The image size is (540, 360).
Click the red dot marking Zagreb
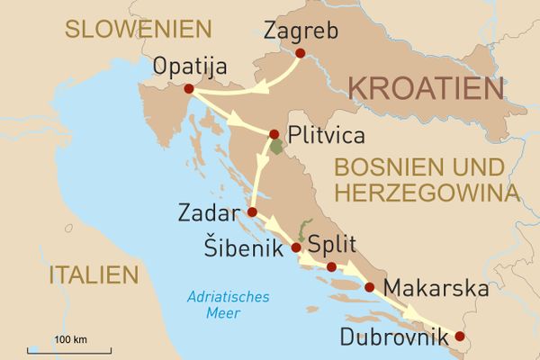pyautogui.click(x=301, y=53)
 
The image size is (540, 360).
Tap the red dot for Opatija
pyautogui.click(x=188, y=89)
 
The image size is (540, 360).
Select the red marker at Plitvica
pyautogui.click(x=274, y=134)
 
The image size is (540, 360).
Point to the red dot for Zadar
pyautogui.click(x=252, y=212)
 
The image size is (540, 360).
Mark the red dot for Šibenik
pyautogui.click(x=296, y=247)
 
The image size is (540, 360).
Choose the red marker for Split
pyautogui.click(x=331, y=266)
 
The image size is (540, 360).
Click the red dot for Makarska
pyautogui.click(x=369, y=288)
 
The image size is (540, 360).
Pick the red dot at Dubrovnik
pyautogui.click(x=460, y=336)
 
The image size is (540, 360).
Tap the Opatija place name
pyautogui.click(x=191, y=67)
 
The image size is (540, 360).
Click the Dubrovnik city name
pyautogui.click(x=394, y=338)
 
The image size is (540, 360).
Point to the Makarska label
pyautogui.click(x=436, y=289)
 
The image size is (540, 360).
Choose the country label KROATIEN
pyautogui.click(x=425, y=89)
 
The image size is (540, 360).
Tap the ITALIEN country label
pyautogui.click(x=94, y=274)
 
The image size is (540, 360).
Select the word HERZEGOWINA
pyautogui.click(x=426, y=193)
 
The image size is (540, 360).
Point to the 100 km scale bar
pyautogui.click(x=68, y=347)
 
